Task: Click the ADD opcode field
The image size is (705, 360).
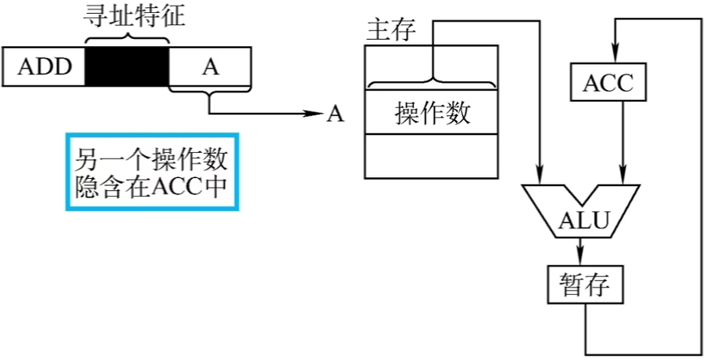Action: pyautogui.click(x=45, y=67)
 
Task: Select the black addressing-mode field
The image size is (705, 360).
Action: pyautogui.click(x=126, y=67)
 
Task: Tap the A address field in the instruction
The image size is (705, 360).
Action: pyautogui.click(x=210, y=67)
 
